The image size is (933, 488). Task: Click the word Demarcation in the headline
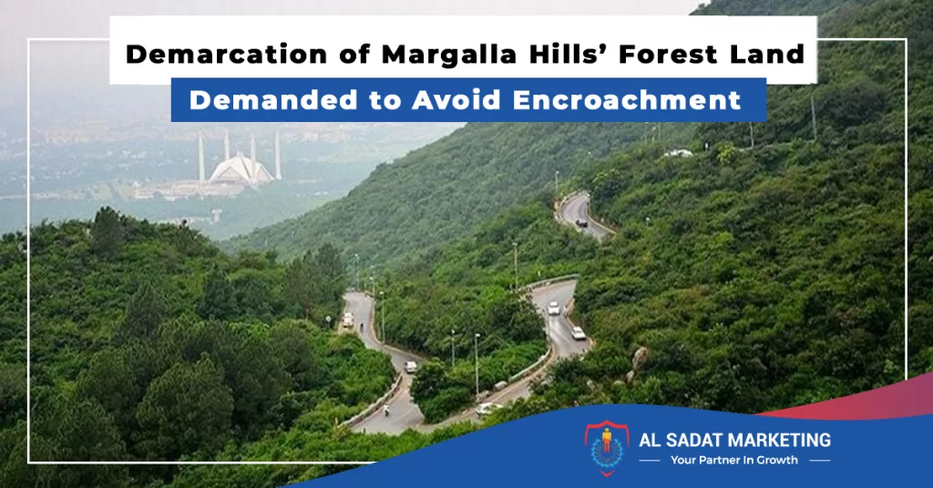pos(226,54)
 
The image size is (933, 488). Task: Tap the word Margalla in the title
pos(449,54)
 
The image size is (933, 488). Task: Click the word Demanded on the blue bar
pos(273,100)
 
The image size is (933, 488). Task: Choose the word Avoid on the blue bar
pos(456,100)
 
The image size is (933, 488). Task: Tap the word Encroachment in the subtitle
pos(627,100)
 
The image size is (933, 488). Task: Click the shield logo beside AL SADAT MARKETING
pos(606,448)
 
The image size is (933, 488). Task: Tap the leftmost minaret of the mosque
pos(201,158)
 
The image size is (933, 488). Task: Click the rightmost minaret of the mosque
pos(277,155)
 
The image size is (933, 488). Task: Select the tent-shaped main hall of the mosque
pos(241,168)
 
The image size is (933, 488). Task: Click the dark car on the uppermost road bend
pos(581,222)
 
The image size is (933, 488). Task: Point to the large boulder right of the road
pos(640,358)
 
